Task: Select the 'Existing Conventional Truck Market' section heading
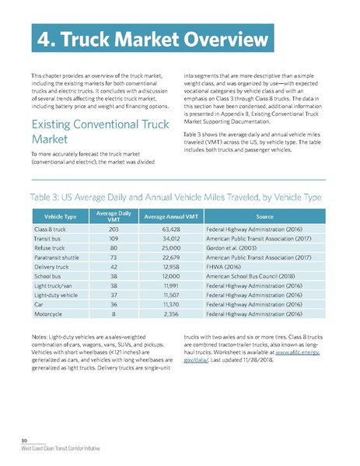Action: tap(87, 131)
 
